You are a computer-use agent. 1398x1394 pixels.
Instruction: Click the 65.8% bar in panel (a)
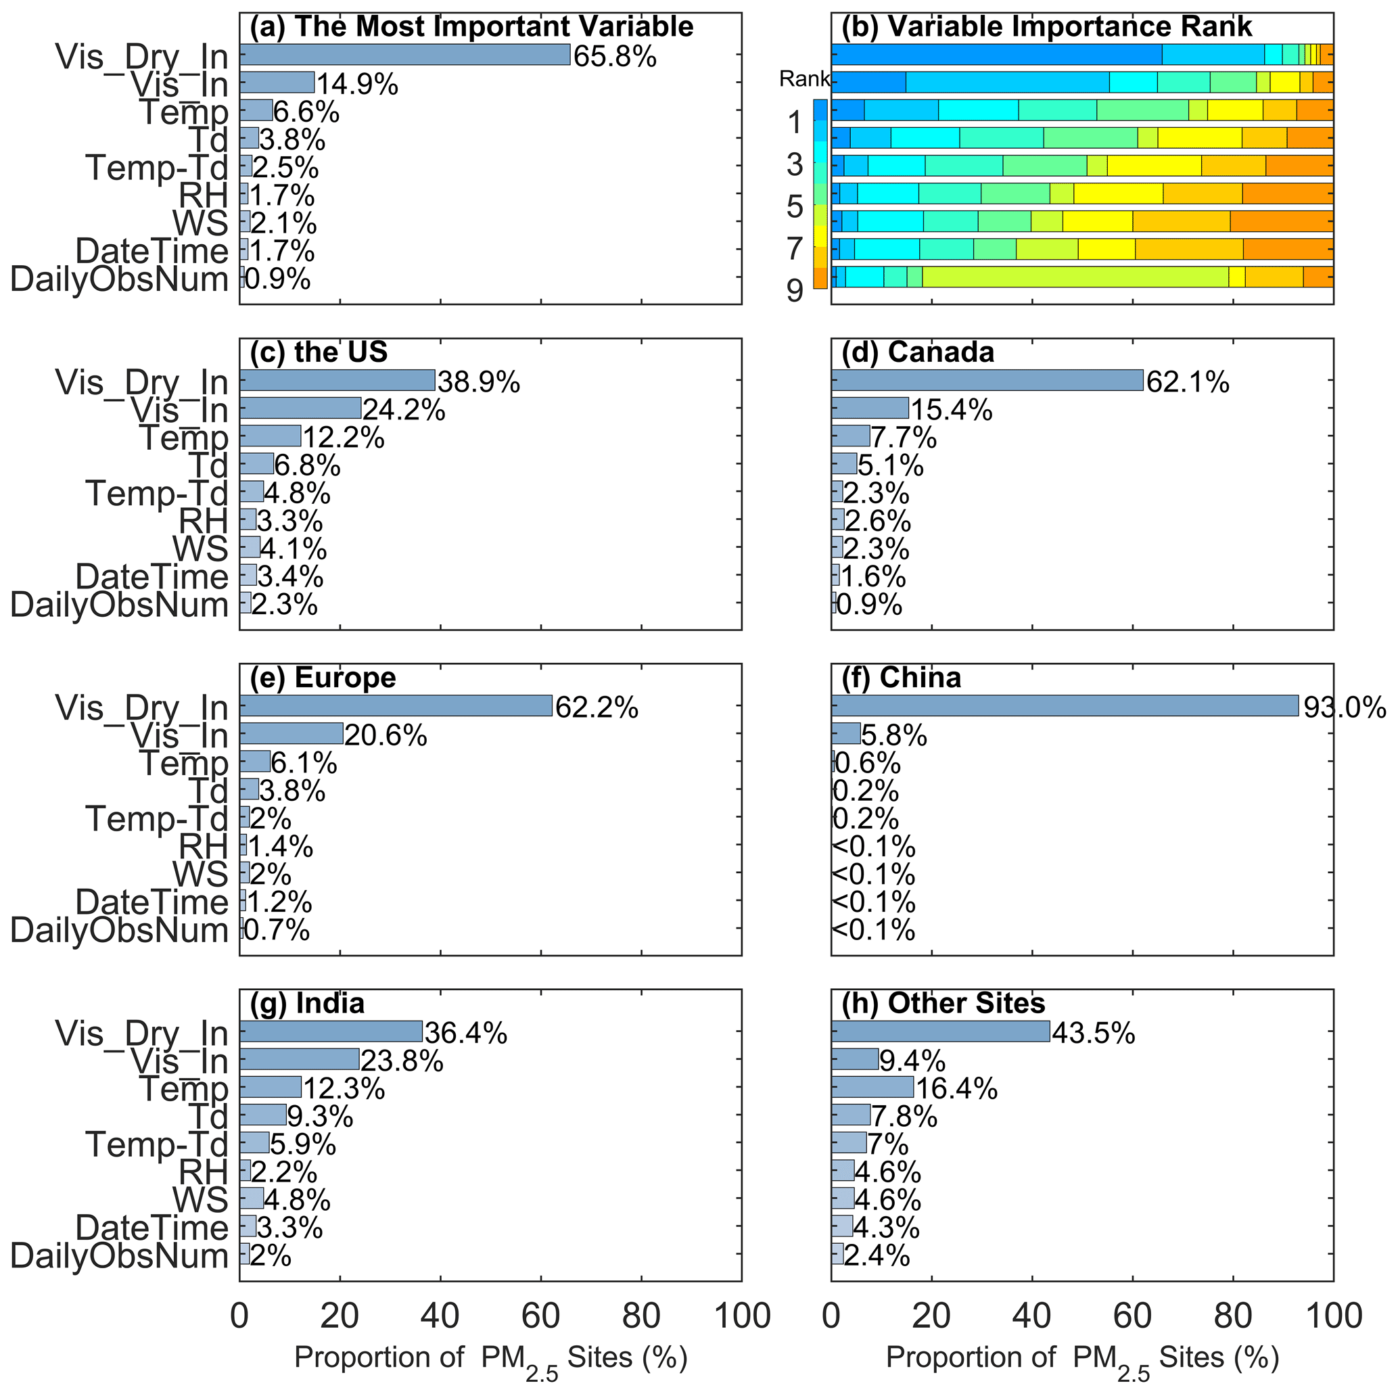point(404,55)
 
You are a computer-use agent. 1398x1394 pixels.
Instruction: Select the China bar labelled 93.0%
point(1065,705)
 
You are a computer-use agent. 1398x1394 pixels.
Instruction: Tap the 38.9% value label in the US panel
point(478,382)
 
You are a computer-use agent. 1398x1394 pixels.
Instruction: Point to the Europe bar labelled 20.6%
point(291,733)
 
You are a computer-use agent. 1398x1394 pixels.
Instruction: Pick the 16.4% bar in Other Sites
point(872,1087)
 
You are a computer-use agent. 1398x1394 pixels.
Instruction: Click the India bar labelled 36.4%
point(331,1031)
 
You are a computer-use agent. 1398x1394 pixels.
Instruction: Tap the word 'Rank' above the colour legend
point(804,79)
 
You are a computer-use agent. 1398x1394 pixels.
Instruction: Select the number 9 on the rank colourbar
point(795,291)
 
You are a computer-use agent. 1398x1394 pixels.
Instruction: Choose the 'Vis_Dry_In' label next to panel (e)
point(142,707)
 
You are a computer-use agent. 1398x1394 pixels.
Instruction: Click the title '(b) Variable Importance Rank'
point(1046,27)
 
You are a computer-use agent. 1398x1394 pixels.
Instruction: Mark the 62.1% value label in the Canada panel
point(1188,382)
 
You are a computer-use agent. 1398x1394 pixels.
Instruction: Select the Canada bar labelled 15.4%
point(870,409)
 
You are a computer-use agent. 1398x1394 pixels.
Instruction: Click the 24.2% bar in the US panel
point(300,409)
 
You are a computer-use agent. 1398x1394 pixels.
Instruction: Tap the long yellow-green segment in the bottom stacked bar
point(1075,277)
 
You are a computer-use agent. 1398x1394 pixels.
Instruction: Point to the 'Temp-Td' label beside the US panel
point(157,494)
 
